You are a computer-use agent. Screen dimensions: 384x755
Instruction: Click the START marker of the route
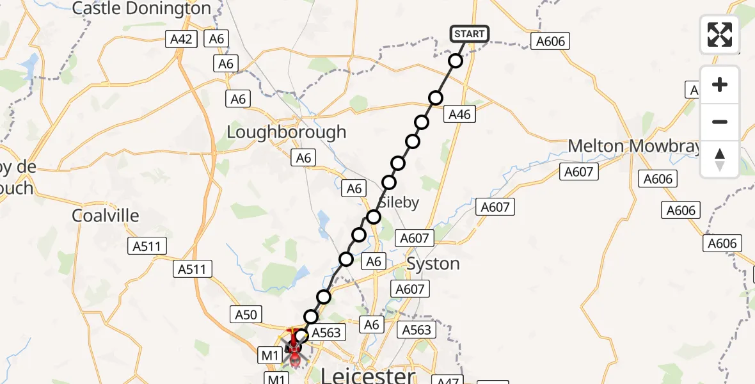(470, 34)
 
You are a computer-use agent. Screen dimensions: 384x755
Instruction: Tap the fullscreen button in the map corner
(720, 35)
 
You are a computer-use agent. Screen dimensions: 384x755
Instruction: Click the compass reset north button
(720, 159)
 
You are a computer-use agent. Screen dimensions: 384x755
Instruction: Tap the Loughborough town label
(287, 132)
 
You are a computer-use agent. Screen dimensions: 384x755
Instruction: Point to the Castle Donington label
(141, 8)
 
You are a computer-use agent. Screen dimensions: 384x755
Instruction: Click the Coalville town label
(105, 216)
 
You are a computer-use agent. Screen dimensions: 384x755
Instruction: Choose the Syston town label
(433, 264)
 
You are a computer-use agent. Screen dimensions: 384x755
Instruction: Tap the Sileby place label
(399, 202)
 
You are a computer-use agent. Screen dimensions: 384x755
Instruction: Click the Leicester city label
(367, 375)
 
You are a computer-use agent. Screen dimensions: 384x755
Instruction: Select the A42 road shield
(181, 39)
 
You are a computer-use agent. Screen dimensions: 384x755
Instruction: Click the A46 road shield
(460, 115)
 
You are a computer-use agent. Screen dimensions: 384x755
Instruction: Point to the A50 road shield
(246, 314)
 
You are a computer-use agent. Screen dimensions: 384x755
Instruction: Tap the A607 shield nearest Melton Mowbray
(578, 171)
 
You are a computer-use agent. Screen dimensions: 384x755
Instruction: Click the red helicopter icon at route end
(294, 349)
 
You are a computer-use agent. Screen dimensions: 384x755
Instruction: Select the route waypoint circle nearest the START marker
(456, 61)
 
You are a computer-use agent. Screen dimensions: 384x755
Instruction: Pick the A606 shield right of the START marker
(550, 42)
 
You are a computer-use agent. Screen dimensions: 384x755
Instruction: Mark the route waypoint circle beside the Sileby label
(374, 217)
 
